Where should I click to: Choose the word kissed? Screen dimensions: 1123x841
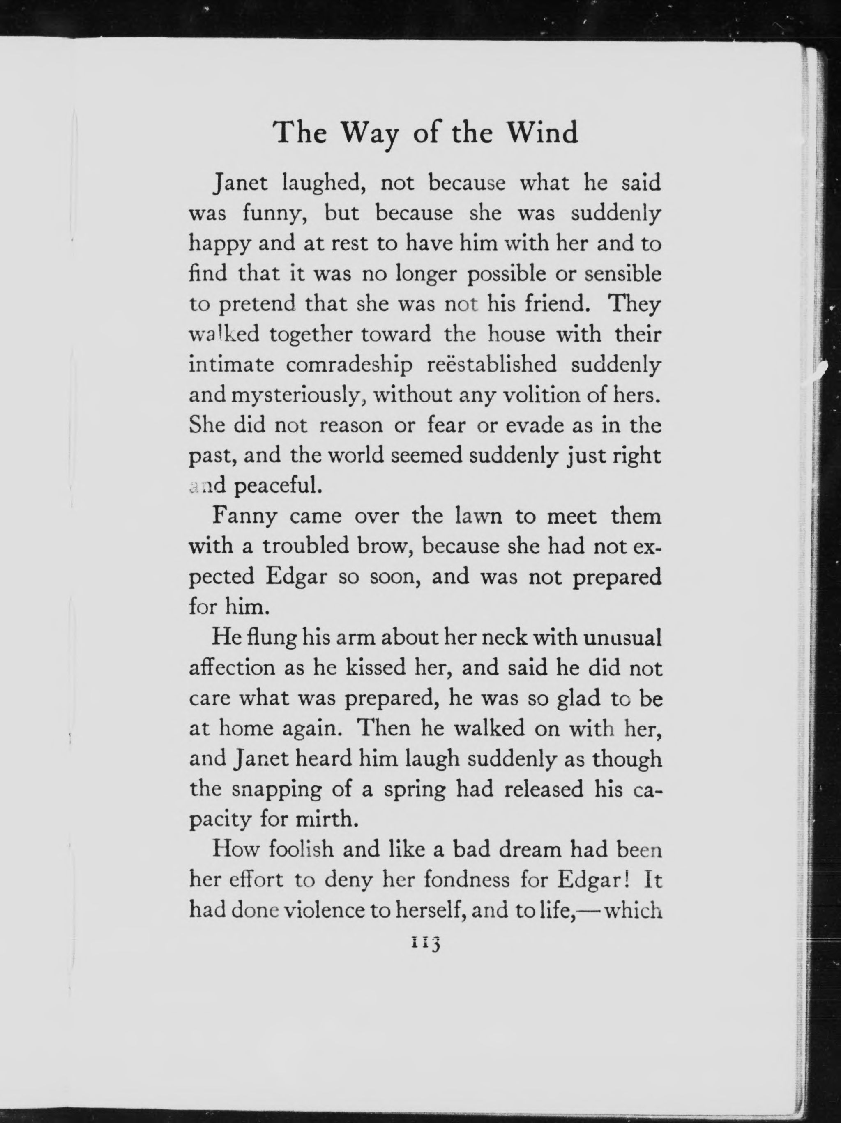click(375, 668)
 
